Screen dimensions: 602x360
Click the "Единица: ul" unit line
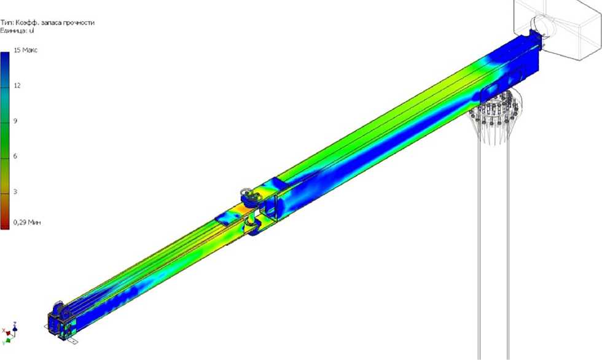[x=17, y=30]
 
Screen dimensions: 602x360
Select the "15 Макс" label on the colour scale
[x=26, y=50]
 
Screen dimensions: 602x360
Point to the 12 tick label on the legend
[x=17, y=85]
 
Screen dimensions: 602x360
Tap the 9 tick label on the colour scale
[x=15, y=121]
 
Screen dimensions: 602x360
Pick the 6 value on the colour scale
[x=15, y=156]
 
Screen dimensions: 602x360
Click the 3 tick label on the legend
[x=15, y=192]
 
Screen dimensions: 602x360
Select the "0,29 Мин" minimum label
[x=27, y=222]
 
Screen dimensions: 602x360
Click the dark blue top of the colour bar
[x=5, y=58]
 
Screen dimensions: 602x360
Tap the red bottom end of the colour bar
[x=5, y=225]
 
